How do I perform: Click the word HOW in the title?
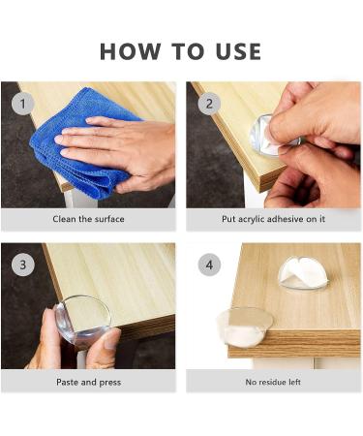[130, 51]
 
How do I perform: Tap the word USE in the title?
[238, 51]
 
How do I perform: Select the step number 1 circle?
[23, 104]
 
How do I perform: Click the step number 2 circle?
[209, 104]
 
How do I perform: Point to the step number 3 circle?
[23, 265]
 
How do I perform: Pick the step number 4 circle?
[209, 265]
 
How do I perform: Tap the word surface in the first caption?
[109, 219]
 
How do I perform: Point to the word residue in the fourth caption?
[271, 382]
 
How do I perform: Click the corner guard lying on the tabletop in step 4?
[303, 273]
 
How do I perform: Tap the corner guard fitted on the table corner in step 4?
[245, 327]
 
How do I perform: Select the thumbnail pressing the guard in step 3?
[111, 339]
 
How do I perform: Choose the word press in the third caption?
[110, 383]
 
